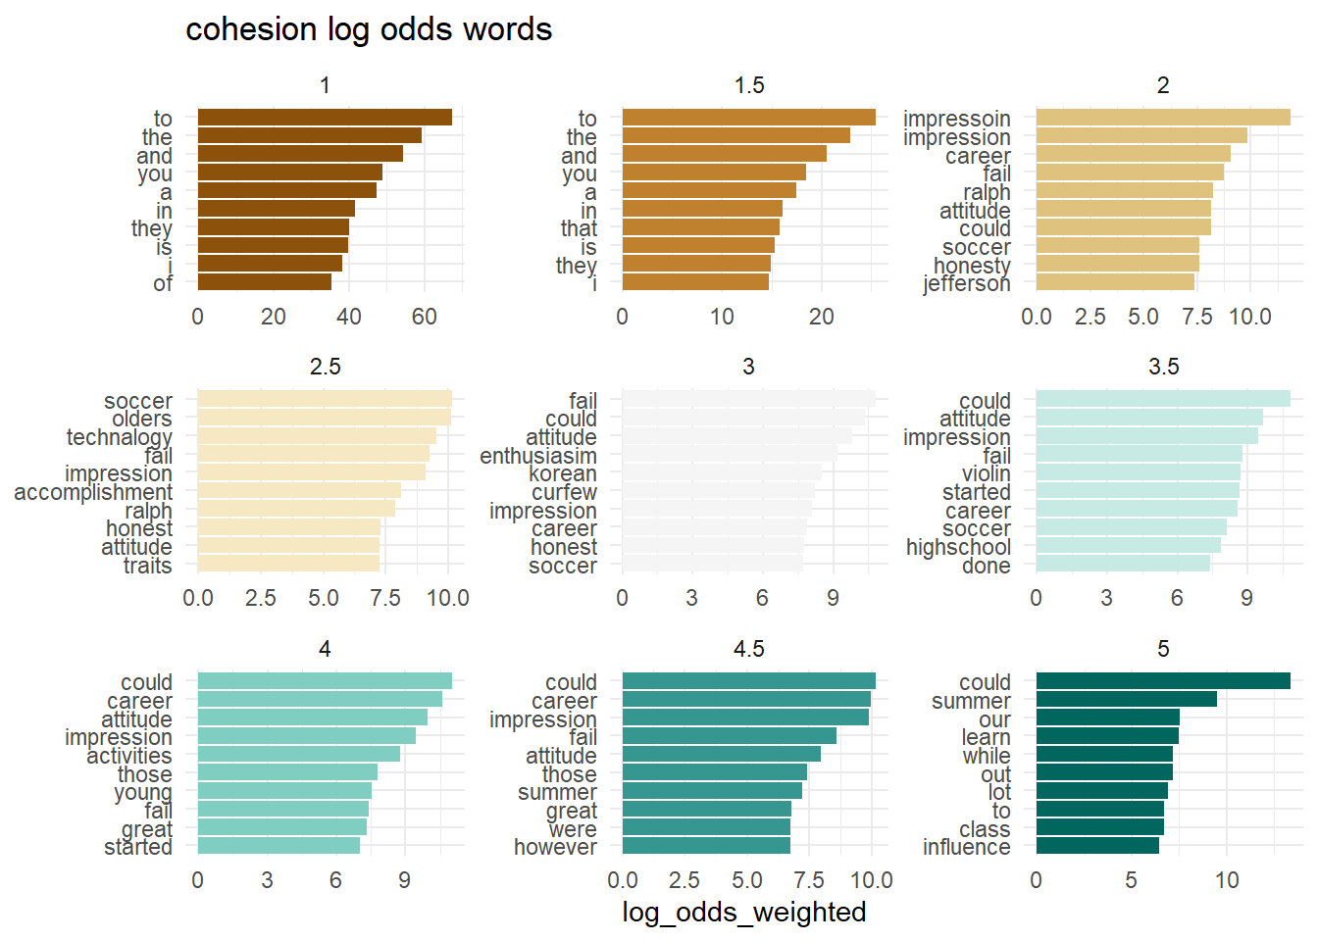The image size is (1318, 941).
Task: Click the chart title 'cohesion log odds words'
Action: (x=369, y=29)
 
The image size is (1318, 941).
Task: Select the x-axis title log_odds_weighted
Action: (x=743, y=912)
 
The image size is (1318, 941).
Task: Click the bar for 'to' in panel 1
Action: (x=325, y=118)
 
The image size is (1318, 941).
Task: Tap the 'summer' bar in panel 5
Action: (x=1126, y=699)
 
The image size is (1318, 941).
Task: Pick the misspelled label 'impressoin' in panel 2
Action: (x=956, y=119)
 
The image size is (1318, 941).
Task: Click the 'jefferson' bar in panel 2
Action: (x=1115, y=282)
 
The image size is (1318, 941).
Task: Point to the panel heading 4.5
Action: (x=748, y=649)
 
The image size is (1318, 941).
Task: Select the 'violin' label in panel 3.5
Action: (x=986, y=473)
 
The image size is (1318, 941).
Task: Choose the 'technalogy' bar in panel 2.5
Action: (x=317, y=436)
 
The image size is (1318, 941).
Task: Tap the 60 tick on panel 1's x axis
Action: (x=424, y=317)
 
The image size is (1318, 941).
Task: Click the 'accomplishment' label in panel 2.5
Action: (x=93, y=492)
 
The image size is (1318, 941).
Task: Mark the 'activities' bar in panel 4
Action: (x=299, y=754)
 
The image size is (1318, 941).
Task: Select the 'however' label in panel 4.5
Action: (x=555, y=846)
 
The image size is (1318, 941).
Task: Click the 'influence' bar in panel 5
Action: (x=1097, y=845)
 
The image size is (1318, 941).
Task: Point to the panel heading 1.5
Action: (x=748, y=85)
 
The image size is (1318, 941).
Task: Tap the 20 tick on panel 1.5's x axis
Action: (x=821, y=317)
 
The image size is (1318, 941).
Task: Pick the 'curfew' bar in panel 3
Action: (x=718, y=491)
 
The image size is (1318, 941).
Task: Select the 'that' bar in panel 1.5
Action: (x=700, y=227)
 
